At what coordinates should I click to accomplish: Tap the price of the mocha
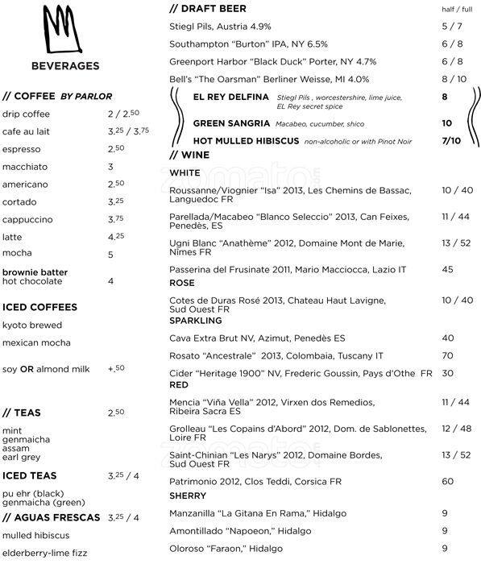coord(111,254)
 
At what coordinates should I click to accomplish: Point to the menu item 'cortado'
coord(20,201)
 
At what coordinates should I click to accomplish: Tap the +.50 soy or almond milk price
coord(116,368)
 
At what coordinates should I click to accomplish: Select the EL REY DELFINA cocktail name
coord(232,97)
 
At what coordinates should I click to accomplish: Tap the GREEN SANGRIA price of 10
coord(446,123)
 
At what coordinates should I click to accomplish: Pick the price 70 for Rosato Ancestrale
coord(448,355)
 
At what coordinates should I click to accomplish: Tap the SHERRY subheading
coord(188,496)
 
